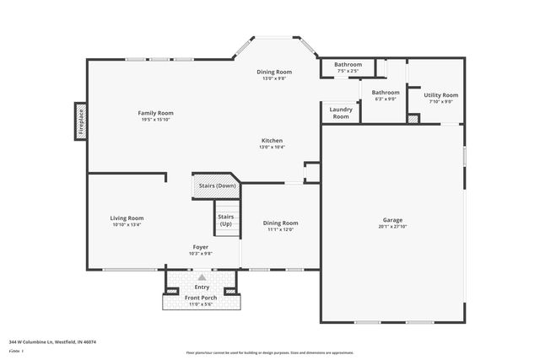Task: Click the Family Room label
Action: pyautogui.click(x=156, y=113)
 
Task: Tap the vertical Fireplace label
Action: pyautogui.click(x=82, y=120)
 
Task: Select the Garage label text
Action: pyautogui.click(x=392, y=220)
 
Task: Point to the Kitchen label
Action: pyautogui.click(x=272, y=140)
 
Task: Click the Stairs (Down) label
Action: pyautogui.click(x=217, y=185)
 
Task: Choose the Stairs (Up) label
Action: pyautogui.click(x=226, y=220)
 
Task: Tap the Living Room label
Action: pyautogui.click(x=127, y=218)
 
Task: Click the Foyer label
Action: pyautogui.click(x=200, y=247)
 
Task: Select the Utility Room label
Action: pyautogui.click(x=440, y=95)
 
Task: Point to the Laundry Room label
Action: pyautogui.click(x=340, y=113)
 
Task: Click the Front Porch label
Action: pyautogui.click(x=202, y=298)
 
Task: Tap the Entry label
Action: pyautogui.click(x=202, y=287)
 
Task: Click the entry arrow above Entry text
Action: pyautogui.click(x=202, y=276)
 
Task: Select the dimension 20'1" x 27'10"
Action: pyautogui.click(x=392, y=227)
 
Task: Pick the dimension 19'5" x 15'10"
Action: pyautogui.click(x=156, y=120)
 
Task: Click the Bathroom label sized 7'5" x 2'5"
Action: pyautogui.click(x=348, y=65)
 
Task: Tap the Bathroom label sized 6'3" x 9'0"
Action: pyautogui.click(x=386, y=92)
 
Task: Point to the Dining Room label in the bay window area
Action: pyautogui.click(x=274, y=72)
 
